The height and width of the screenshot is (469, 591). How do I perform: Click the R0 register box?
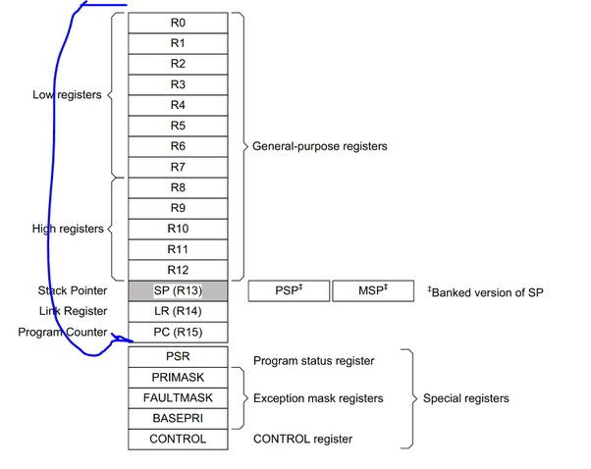click(178, 23)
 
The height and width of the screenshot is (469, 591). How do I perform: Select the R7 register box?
click(178, 167)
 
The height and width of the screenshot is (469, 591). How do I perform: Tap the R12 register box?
click(178, 270)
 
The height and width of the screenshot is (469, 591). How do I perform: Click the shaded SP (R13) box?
click(178, 291)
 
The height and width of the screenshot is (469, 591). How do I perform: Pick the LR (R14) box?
click(178, 312)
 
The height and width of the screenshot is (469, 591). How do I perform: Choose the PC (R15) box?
click(178, 333)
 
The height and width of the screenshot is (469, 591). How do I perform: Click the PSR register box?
click(178, 357)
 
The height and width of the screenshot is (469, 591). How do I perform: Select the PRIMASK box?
click(178, 378)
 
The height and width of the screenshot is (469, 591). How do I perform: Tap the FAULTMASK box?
click(178, 398)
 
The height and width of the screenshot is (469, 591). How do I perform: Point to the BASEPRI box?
click(178, 419)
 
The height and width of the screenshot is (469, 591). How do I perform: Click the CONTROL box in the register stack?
click(178, 440)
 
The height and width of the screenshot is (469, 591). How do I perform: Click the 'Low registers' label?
click(67, 95)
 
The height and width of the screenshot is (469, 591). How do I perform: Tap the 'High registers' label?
click(67, 229)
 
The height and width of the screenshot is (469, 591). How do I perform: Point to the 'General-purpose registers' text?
click(320, 146)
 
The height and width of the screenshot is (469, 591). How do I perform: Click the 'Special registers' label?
click(465, 399)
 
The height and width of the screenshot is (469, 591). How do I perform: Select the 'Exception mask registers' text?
click(318, 399)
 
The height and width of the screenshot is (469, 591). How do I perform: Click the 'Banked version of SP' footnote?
click(485, 291)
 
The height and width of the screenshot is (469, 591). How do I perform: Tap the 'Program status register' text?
click(313, 361)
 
